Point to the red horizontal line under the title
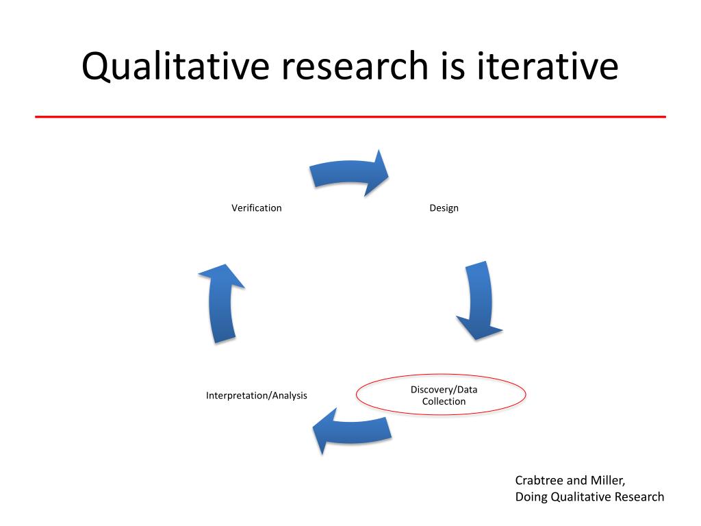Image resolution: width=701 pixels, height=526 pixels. [350, 117]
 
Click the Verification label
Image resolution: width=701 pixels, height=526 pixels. [256, 208]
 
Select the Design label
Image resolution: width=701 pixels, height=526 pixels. [444, 208]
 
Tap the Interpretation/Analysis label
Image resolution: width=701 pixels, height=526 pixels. [256, 395]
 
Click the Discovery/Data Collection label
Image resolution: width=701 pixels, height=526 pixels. [444, 395]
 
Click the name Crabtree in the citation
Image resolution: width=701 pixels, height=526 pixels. [539, 480]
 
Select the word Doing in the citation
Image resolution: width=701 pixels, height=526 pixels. [531, 497]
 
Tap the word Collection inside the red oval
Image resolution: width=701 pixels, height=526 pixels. [444, 401]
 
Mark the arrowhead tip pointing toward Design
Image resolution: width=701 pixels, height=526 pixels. [387, 175]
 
